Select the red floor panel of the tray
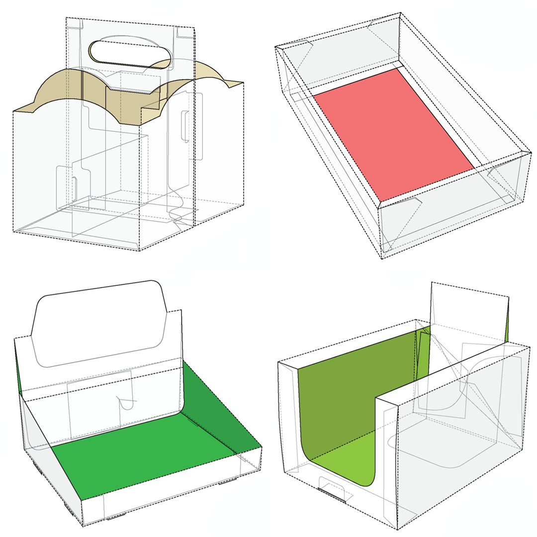(x=393, y=132)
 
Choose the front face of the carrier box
(x=75, y=174)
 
